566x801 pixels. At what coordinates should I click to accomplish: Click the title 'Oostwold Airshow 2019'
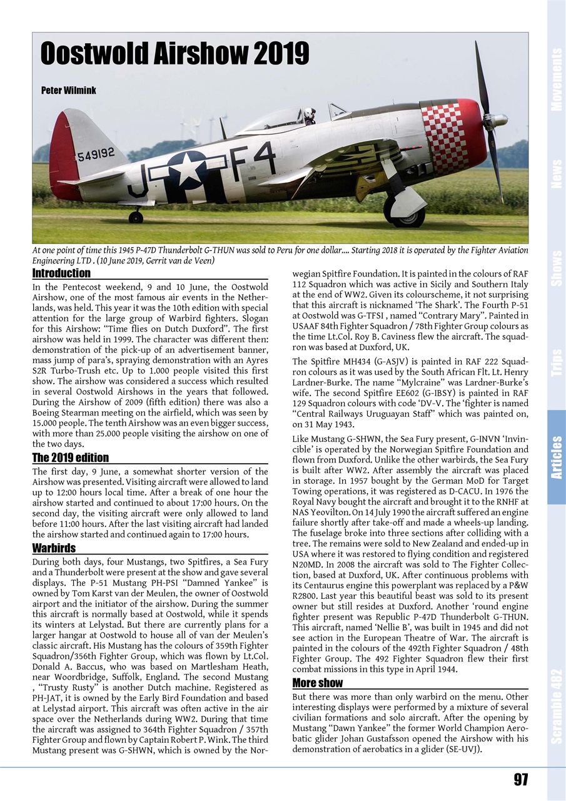[x=174, y=54]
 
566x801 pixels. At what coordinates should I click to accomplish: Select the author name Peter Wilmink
[x=69, y=91]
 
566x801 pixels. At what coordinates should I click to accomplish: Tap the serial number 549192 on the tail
[x=96, y=153]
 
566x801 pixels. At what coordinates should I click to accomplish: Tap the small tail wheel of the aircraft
[x=135, y=217]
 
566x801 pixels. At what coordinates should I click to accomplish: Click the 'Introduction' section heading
[x=61, y=273]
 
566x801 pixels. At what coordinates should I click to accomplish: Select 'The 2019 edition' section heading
[x=70, y=457]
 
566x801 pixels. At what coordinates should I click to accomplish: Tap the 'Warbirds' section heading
[x=54, y=548]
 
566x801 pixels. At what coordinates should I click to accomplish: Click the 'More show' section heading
[x=317, y=683]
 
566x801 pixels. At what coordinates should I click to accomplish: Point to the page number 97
[x=520, y=780]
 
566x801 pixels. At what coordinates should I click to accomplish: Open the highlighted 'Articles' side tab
[x=556, y=457]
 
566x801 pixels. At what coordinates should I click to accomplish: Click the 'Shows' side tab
[x=556, y=268]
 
